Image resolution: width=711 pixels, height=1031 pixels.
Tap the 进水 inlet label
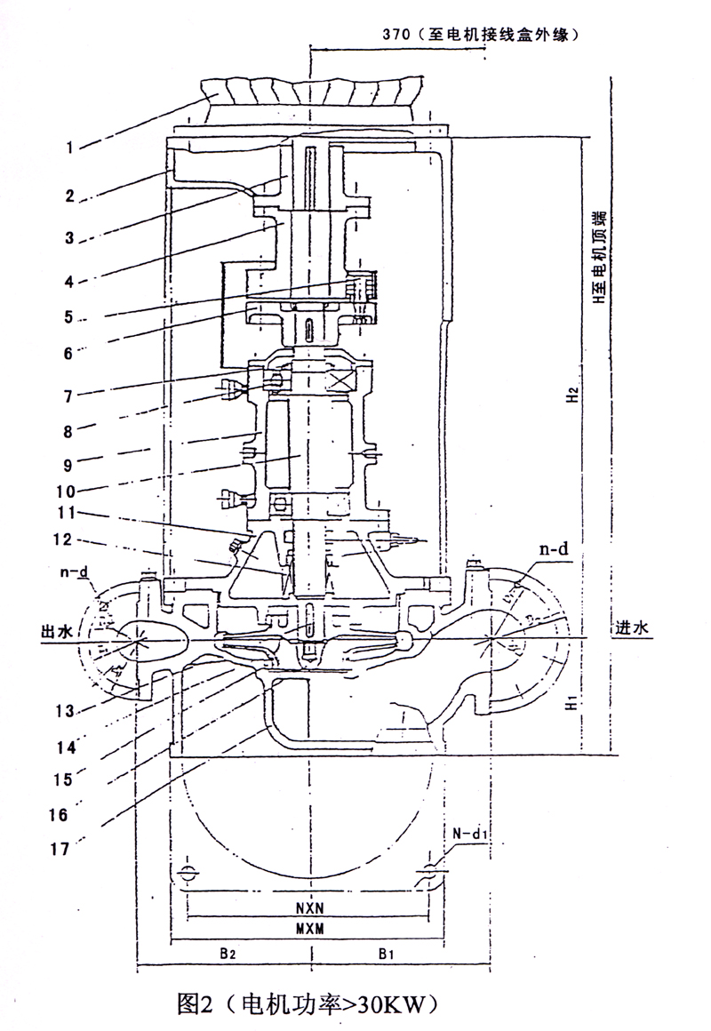pyautogui.click(x=635, y=627)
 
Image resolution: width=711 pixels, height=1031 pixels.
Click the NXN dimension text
pyautogui.click(x=310, y=909)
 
